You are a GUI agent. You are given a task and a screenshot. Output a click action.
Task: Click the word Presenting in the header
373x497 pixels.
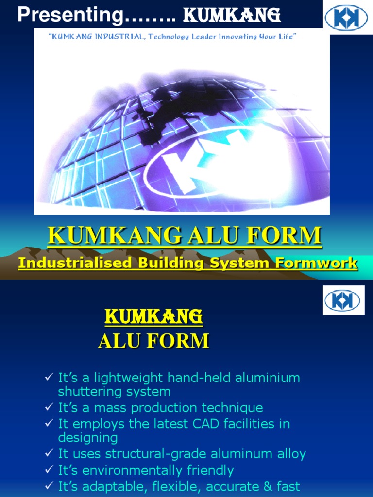pos(70,16)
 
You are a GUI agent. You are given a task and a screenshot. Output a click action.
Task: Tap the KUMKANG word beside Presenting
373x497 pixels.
pos(232,16)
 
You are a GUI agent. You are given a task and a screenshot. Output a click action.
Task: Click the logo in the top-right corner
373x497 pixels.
pos(346,17)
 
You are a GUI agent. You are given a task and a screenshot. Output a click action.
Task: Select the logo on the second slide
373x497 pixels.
pos(343,300)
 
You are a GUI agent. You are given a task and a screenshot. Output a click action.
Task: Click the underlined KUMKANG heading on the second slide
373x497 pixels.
pos(154,317)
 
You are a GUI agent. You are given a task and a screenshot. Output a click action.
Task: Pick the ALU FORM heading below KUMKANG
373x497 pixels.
pos(153,341)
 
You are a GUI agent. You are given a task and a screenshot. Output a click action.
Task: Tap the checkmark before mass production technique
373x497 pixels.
pos(48,407)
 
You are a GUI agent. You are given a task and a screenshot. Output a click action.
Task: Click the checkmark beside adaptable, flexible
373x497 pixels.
pos(48,486)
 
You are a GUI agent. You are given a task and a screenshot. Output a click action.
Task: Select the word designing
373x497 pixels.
pos(88,437)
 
